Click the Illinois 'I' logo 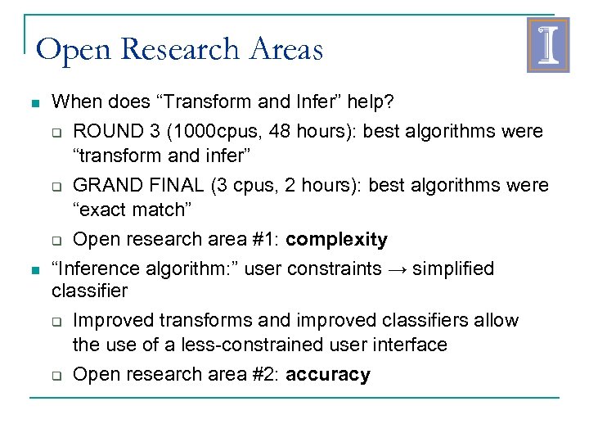[547, 45]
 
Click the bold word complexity [337, 240]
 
